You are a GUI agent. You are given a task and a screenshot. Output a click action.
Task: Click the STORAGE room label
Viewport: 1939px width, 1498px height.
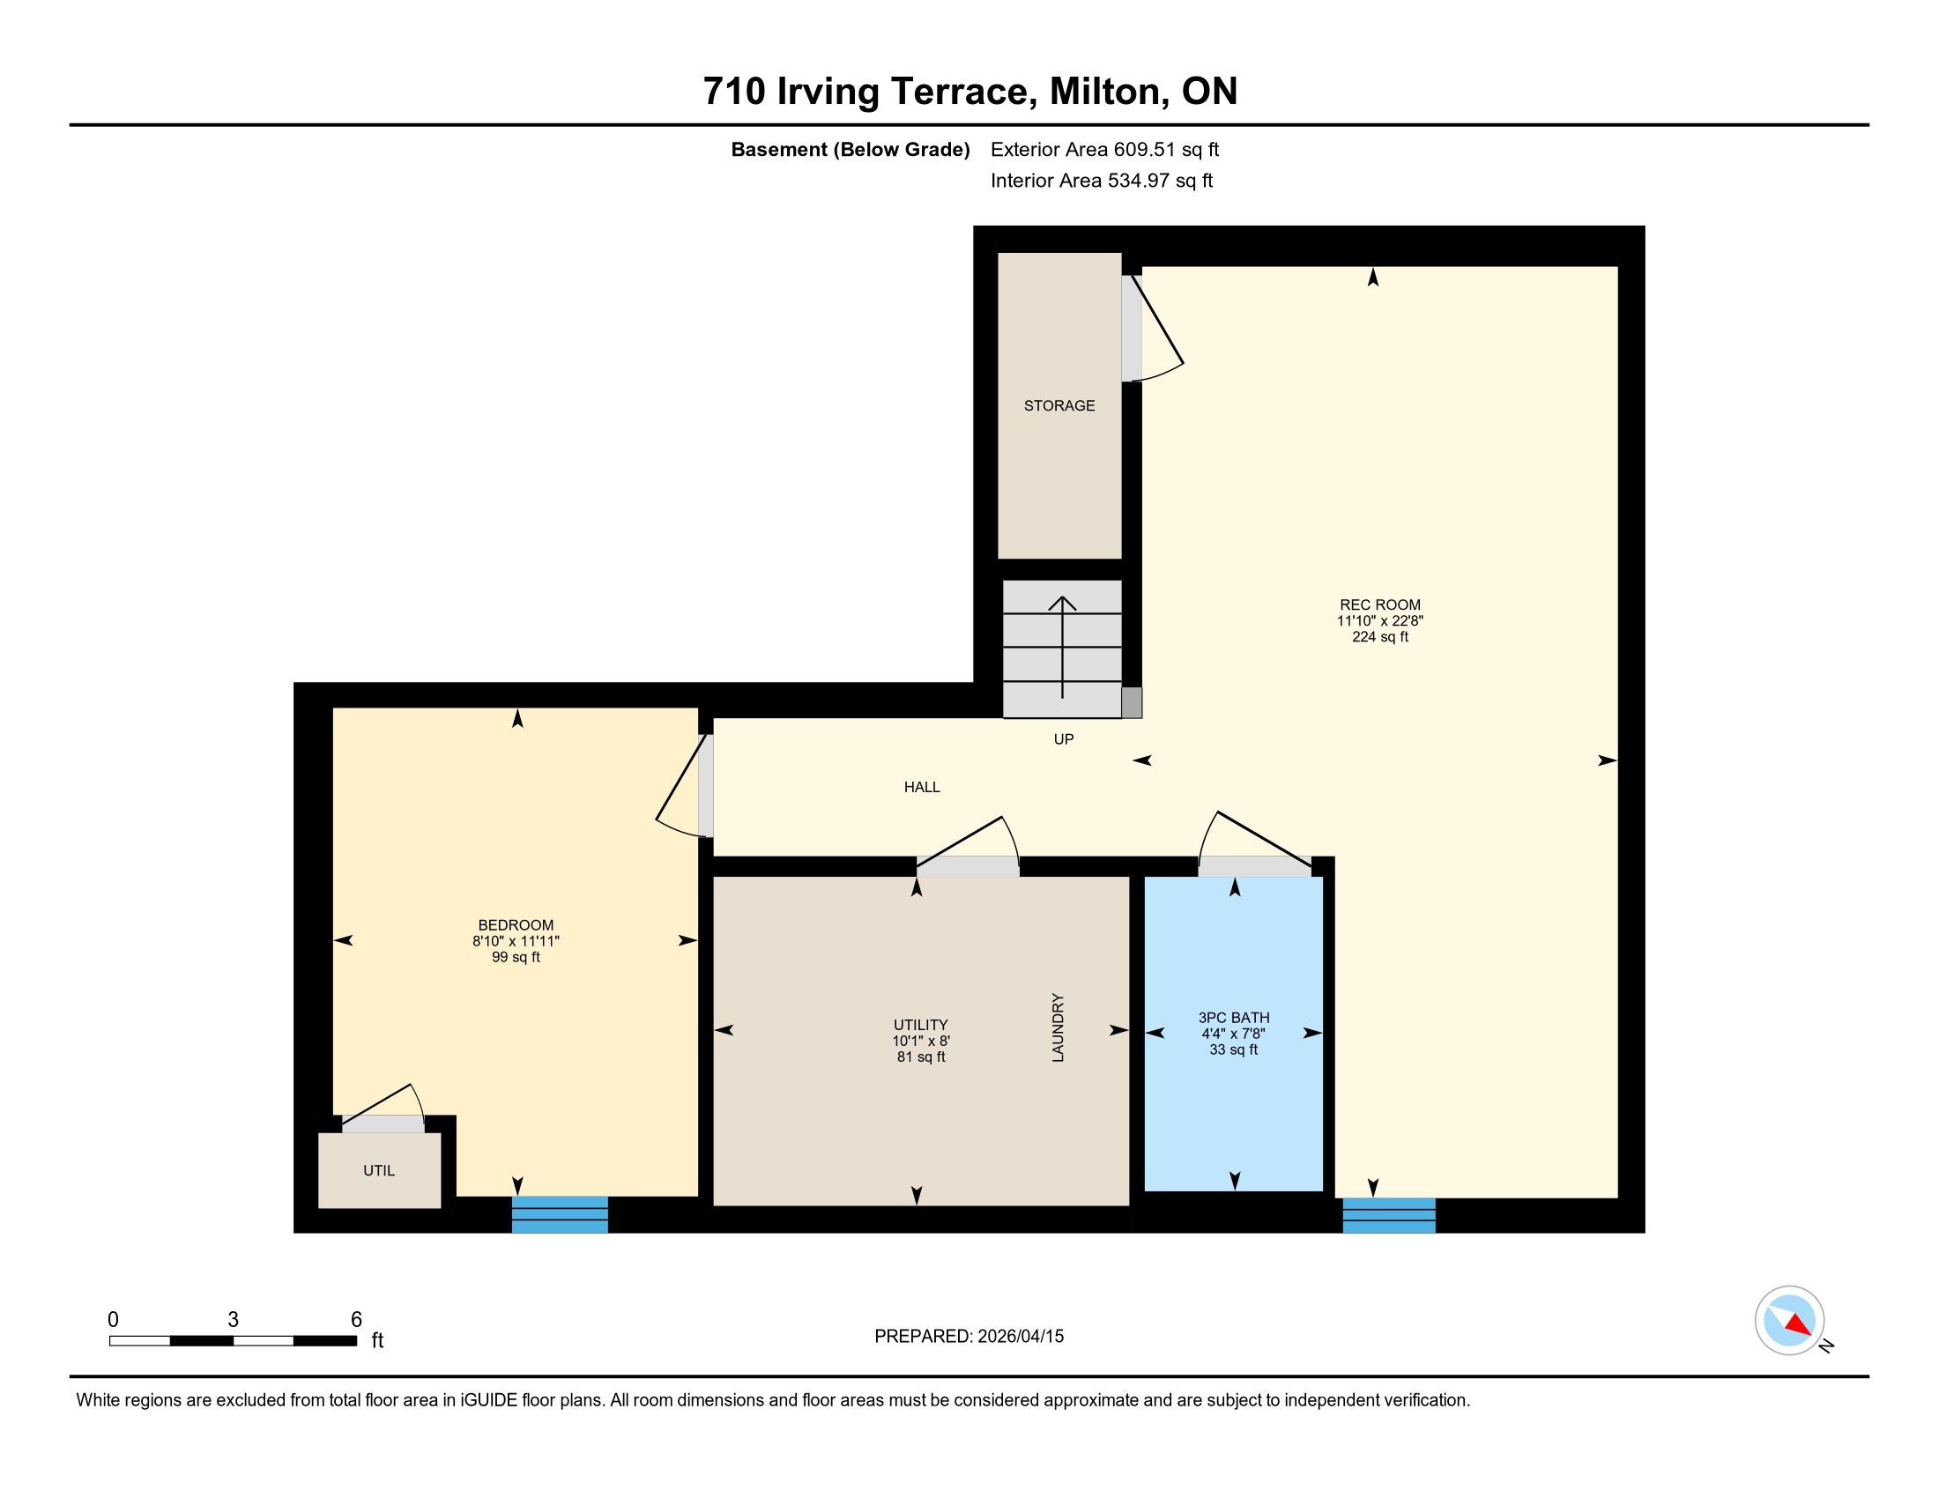point(1059,405)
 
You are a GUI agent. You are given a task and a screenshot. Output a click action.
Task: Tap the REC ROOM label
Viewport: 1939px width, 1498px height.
point(1379,605)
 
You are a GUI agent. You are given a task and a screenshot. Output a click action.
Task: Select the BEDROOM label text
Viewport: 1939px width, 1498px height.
point(516,924)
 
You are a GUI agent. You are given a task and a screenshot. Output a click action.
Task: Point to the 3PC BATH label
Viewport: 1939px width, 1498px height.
point(1234,1018)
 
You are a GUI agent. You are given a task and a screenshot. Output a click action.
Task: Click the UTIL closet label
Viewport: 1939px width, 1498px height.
point(379,1170)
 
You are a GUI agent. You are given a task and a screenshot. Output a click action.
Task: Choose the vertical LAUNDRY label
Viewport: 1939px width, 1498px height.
point(1058,1027)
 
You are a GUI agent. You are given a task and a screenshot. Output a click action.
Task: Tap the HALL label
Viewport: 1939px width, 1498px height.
point(922,787)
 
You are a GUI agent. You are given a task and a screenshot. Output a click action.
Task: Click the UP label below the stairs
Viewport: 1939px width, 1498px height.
point(1064,739)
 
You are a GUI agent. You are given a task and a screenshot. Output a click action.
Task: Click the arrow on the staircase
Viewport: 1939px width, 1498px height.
point(1063,647)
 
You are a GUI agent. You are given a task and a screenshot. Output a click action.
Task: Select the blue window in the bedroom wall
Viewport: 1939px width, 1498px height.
point(561,1215)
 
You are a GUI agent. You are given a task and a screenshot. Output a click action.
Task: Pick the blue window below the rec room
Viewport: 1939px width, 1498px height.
point(1388,1216)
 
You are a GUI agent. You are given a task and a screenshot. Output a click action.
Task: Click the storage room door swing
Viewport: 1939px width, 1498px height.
point(1154,329)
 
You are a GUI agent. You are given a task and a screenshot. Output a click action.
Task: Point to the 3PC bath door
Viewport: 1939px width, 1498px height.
point(1254,843)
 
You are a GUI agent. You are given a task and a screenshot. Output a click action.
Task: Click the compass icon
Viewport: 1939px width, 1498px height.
point(1790,1320)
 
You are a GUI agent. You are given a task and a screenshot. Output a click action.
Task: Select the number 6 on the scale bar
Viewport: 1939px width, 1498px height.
point(356,1320)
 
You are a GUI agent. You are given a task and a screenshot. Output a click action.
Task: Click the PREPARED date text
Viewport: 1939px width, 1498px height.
point(969,1337)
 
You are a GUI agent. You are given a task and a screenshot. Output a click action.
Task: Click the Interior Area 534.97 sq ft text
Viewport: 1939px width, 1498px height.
point(1101,181)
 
